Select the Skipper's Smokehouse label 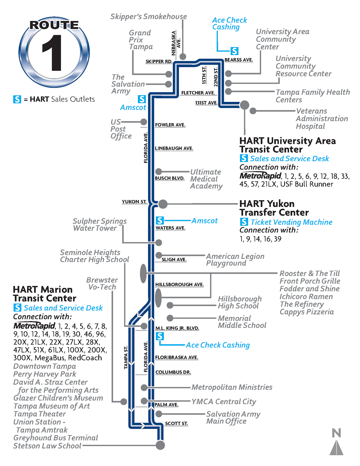(148, 17)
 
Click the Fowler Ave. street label (170, 125)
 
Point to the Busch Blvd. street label (169, 178)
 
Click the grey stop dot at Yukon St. (163, 204)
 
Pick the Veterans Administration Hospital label (322, 119)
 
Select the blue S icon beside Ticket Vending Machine (244, 222)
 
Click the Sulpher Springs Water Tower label (100, 225)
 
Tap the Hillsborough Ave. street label (179, 285)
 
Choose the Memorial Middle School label (242, 322)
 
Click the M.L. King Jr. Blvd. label (177, 328)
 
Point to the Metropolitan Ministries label (232, 387)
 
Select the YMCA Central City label (224, 402)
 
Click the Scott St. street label (176, 423)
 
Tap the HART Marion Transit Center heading (45, 294)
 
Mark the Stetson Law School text (47, 446)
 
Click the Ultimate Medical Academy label (206, 179)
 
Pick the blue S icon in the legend (17, 99)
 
